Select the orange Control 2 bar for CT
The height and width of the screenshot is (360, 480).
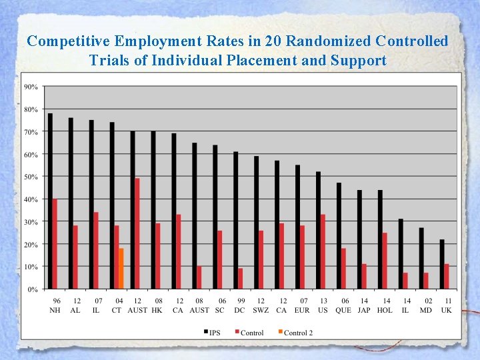point(121,269)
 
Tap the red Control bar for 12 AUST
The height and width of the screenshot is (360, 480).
point(137,233)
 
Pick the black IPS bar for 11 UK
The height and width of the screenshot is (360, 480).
point(442,264)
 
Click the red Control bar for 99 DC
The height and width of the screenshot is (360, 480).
point(240,279)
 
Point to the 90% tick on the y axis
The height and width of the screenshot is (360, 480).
point(31,87)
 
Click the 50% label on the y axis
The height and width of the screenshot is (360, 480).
point(31,177)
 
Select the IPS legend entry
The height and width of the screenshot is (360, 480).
point(211,333)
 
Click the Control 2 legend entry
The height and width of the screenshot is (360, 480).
point(295,333)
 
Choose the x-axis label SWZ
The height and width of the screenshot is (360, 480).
point(261,310)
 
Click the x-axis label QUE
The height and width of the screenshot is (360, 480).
point(343,310)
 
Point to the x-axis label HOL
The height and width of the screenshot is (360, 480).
point(385,310)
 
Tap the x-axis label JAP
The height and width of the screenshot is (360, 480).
point(364,310)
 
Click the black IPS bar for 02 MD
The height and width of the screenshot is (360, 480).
point(421,259)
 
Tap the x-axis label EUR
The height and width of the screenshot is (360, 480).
point(302,310)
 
